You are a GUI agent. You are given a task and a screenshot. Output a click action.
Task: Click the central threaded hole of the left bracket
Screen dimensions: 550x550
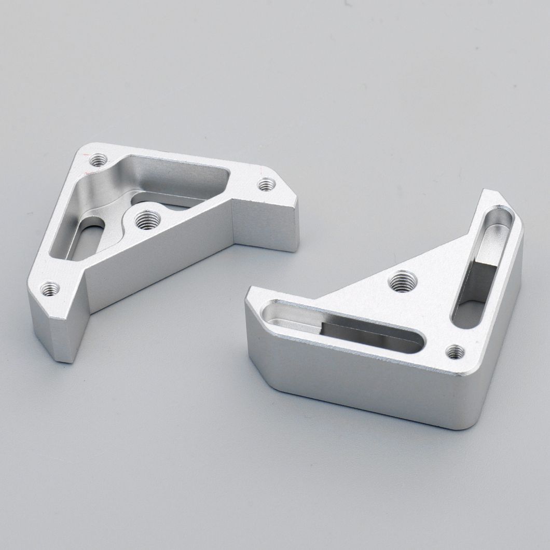pos(147,221)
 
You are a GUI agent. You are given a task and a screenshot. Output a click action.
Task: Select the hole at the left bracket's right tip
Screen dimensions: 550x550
pos(267,184)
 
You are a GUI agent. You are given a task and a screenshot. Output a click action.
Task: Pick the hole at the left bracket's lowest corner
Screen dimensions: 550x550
pos(51,288)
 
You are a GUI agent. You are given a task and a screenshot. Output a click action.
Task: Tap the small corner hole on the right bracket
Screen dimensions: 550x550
pos(456,352)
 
